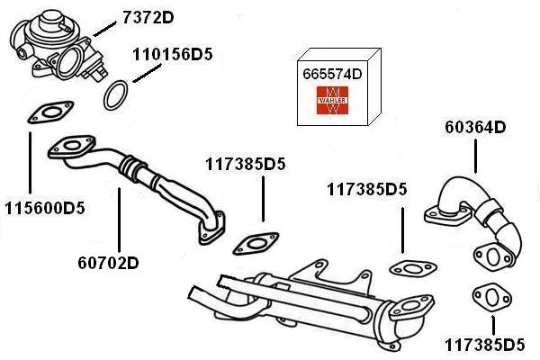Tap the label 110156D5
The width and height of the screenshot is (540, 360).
coord(172,54)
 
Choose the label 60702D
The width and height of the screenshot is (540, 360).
coord(108,264)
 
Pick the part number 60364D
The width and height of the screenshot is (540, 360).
coord(475,127)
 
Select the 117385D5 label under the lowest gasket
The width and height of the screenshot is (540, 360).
coord(484,345)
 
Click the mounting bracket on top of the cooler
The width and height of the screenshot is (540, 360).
coord(324,271)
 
